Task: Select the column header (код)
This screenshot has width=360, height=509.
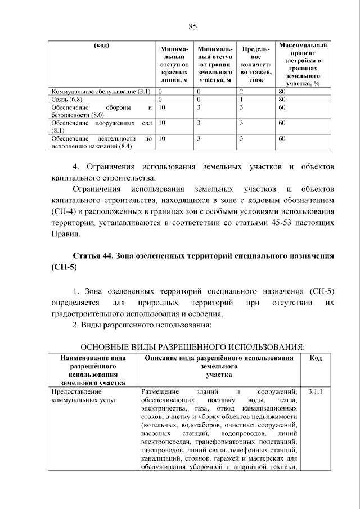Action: pyautogui.click(x=101, y=46)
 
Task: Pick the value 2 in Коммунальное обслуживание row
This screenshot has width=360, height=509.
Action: pyautogui.click(x=241, y=91)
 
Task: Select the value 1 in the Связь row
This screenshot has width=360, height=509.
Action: pyautogui.click(x=241, y=99)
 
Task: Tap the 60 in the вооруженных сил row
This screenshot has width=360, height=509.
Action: pyautogui.click(x=282, y=122)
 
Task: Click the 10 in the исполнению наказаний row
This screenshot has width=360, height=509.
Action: pyautogui.click(x=162, y=138)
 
